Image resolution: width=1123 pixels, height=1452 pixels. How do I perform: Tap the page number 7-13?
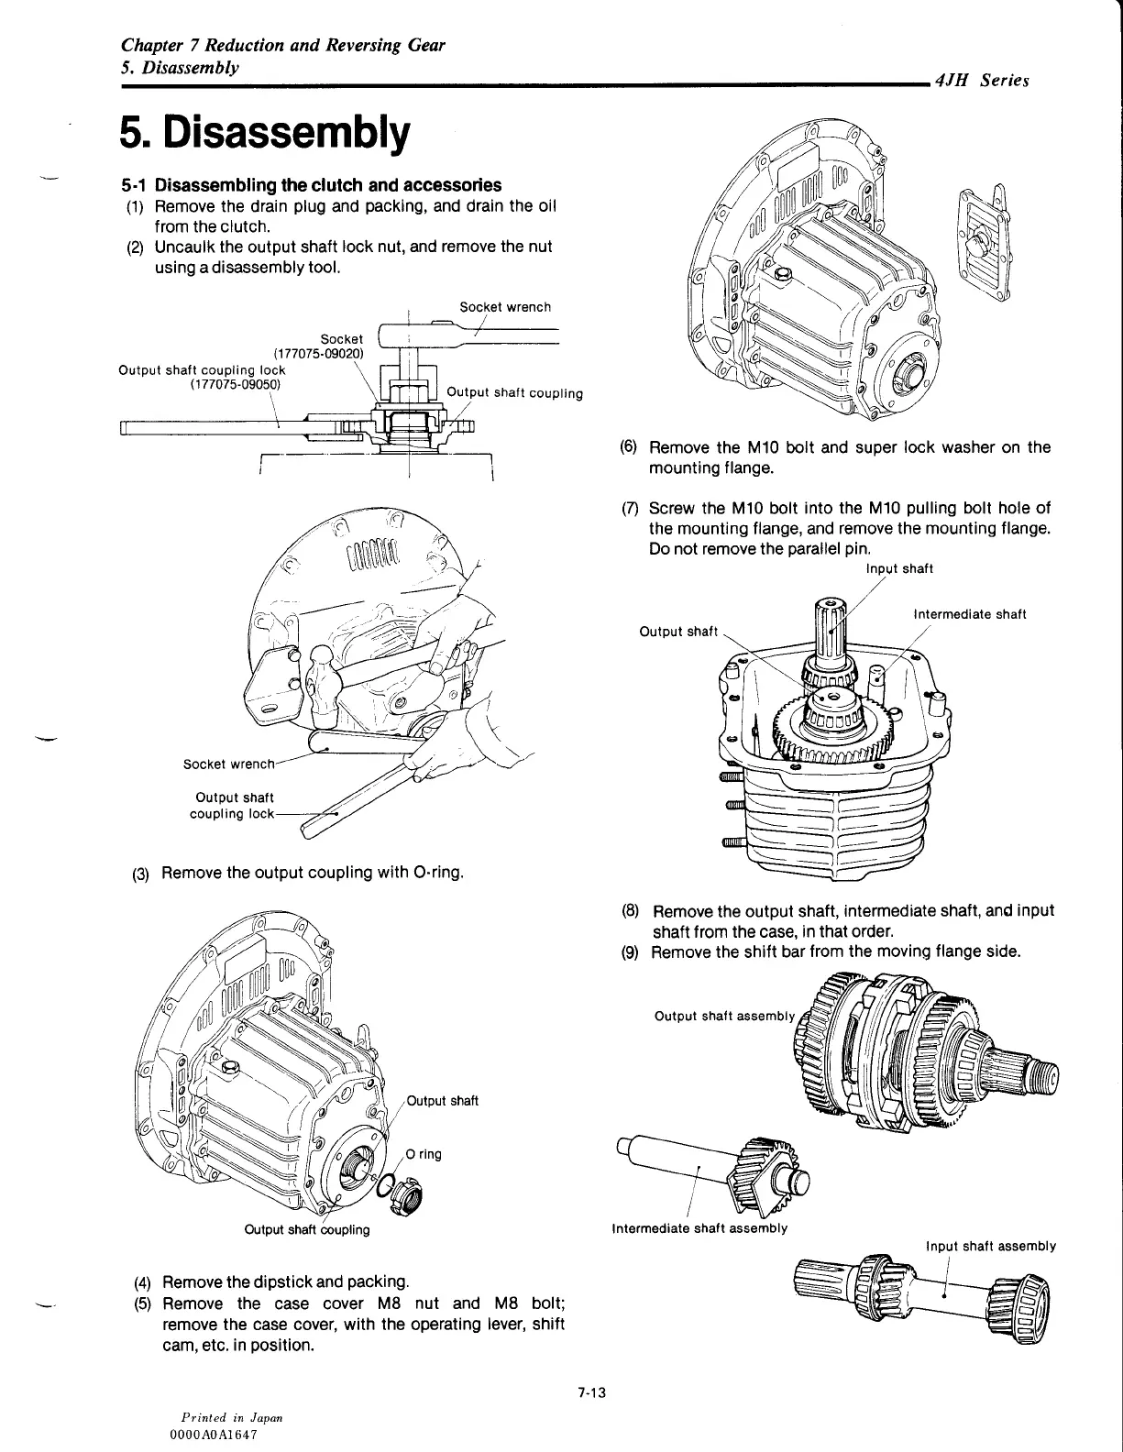[593, 1394]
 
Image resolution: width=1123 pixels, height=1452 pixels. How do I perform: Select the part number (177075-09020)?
[318, 354]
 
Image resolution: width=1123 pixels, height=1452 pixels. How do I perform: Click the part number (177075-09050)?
[237, 385]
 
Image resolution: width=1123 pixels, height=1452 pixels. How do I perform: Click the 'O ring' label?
[424, 1154]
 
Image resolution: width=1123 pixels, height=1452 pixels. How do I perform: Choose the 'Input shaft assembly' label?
[991, 1246]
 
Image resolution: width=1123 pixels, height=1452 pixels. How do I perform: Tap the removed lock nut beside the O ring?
[403, 1192]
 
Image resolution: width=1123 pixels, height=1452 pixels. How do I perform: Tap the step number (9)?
[630, 952]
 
